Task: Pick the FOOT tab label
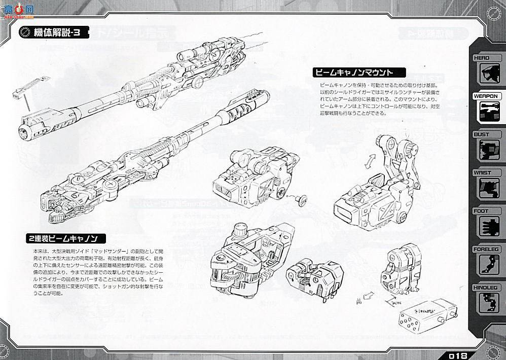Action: [481, 210]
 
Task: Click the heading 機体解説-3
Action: [56, 33]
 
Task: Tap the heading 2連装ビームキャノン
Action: [64, 238]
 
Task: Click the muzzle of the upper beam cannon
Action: [25, 133]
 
